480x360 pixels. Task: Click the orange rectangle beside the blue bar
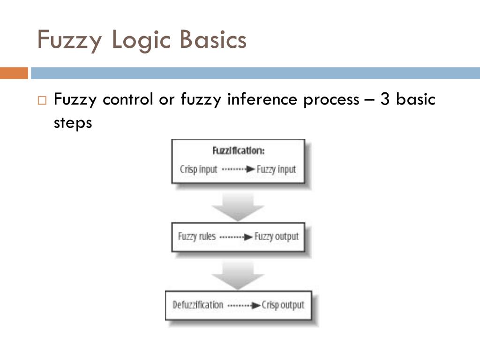tap(14, 73)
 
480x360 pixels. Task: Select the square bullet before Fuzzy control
tap(43, 101)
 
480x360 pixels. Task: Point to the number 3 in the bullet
tap(386, 99)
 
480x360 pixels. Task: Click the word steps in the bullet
tap(72, 123)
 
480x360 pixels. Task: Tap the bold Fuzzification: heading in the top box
tap(239, 151)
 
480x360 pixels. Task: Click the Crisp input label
tap(198, 169)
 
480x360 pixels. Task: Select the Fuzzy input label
tap(277, 169)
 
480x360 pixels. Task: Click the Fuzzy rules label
tap(197, 236)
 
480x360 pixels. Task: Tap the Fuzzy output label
tap(276, 236)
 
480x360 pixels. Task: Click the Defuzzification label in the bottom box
tap(198, 305)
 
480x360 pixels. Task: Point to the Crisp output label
tap(283, 305)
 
